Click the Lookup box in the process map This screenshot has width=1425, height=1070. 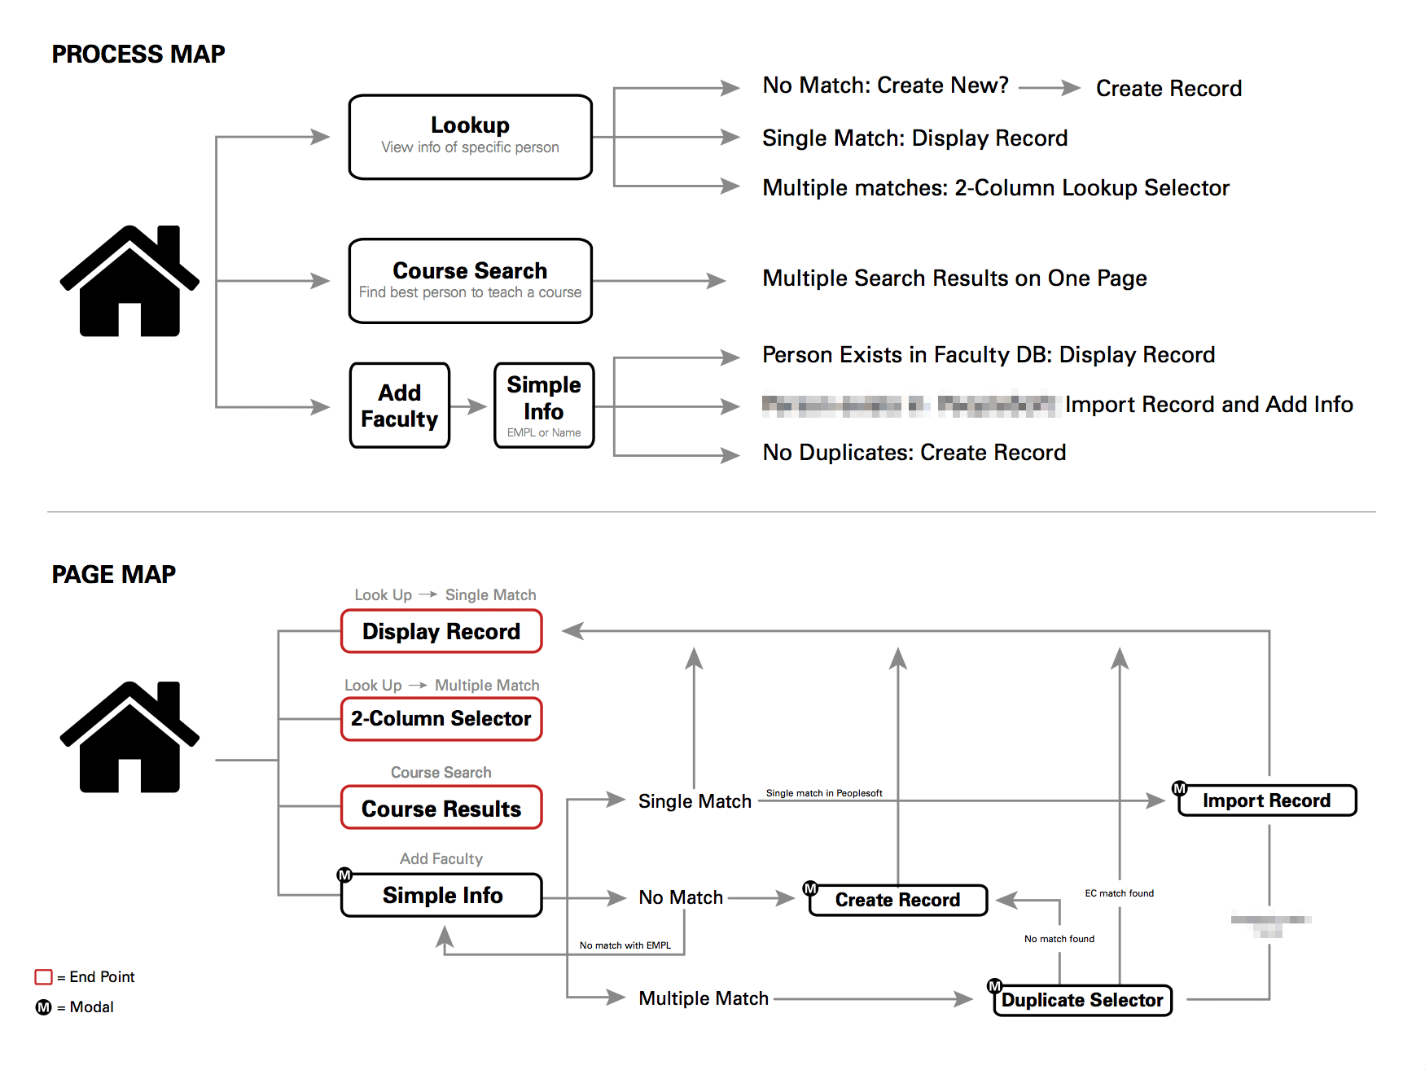coord(470,137)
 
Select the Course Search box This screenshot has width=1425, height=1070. coord(470,281)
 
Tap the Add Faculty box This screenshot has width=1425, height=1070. coord(399,406)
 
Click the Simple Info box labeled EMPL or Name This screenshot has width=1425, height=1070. coord(544,406)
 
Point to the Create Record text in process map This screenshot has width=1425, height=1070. coord(1168,88)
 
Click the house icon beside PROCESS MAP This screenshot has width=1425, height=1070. coord(129,281)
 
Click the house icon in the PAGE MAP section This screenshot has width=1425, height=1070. coord(129,737)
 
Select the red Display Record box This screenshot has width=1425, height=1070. coord(441,631)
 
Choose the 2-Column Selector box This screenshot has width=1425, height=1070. coord(441,719)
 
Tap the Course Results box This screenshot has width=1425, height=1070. coord(441,808)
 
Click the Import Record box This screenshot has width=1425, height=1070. coord(1267,800)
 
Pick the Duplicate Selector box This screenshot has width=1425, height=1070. coord(1082,1000)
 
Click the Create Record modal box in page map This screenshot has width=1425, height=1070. coord(897,900)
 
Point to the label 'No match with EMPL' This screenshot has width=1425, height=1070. coord(625,945)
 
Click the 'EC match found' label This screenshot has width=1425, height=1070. coord(1119,893)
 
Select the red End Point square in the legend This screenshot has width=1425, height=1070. coord(44,976)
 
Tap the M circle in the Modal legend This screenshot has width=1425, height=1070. coord(44,1007)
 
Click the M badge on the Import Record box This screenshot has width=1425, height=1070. coord(1179,788)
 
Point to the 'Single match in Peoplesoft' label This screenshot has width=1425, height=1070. coord(824,793)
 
